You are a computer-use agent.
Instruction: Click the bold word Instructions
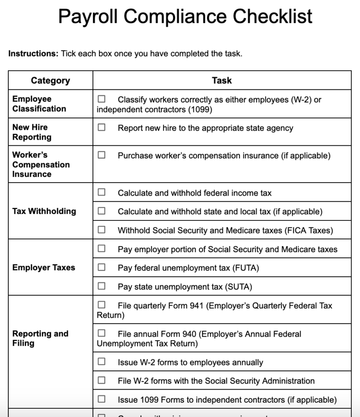click(33, 54)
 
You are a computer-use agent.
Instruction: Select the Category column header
click(50, 80)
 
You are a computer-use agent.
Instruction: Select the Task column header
click(222, 80)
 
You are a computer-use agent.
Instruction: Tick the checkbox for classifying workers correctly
click(101, 100)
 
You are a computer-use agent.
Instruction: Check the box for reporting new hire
click(101, 128)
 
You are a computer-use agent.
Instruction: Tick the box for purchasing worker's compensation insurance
click(101, 155)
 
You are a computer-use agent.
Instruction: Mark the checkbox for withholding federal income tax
click(101, 193)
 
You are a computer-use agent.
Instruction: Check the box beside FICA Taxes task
click(101, 230)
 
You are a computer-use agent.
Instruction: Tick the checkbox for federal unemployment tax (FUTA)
click(101, 267)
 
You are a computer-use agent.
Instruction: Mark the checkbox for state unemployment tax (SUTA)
click(101, 286)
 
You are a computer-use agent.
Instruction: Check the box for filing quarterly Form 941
click(101, 305)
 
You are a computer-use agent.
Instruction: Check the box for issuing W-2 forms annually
click(101, 361)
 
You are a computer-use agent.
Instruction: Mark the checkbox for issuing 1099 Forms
click(101, 399)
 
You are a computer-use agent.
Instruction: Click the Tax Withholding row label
click(44, 211)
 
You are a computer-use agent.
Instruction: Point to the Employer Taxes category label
click(44, 268)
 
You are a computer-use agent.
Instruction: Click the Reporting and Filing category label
click(40, 338)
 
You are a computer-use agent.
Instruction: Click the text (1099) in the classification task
click(200, 109)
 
